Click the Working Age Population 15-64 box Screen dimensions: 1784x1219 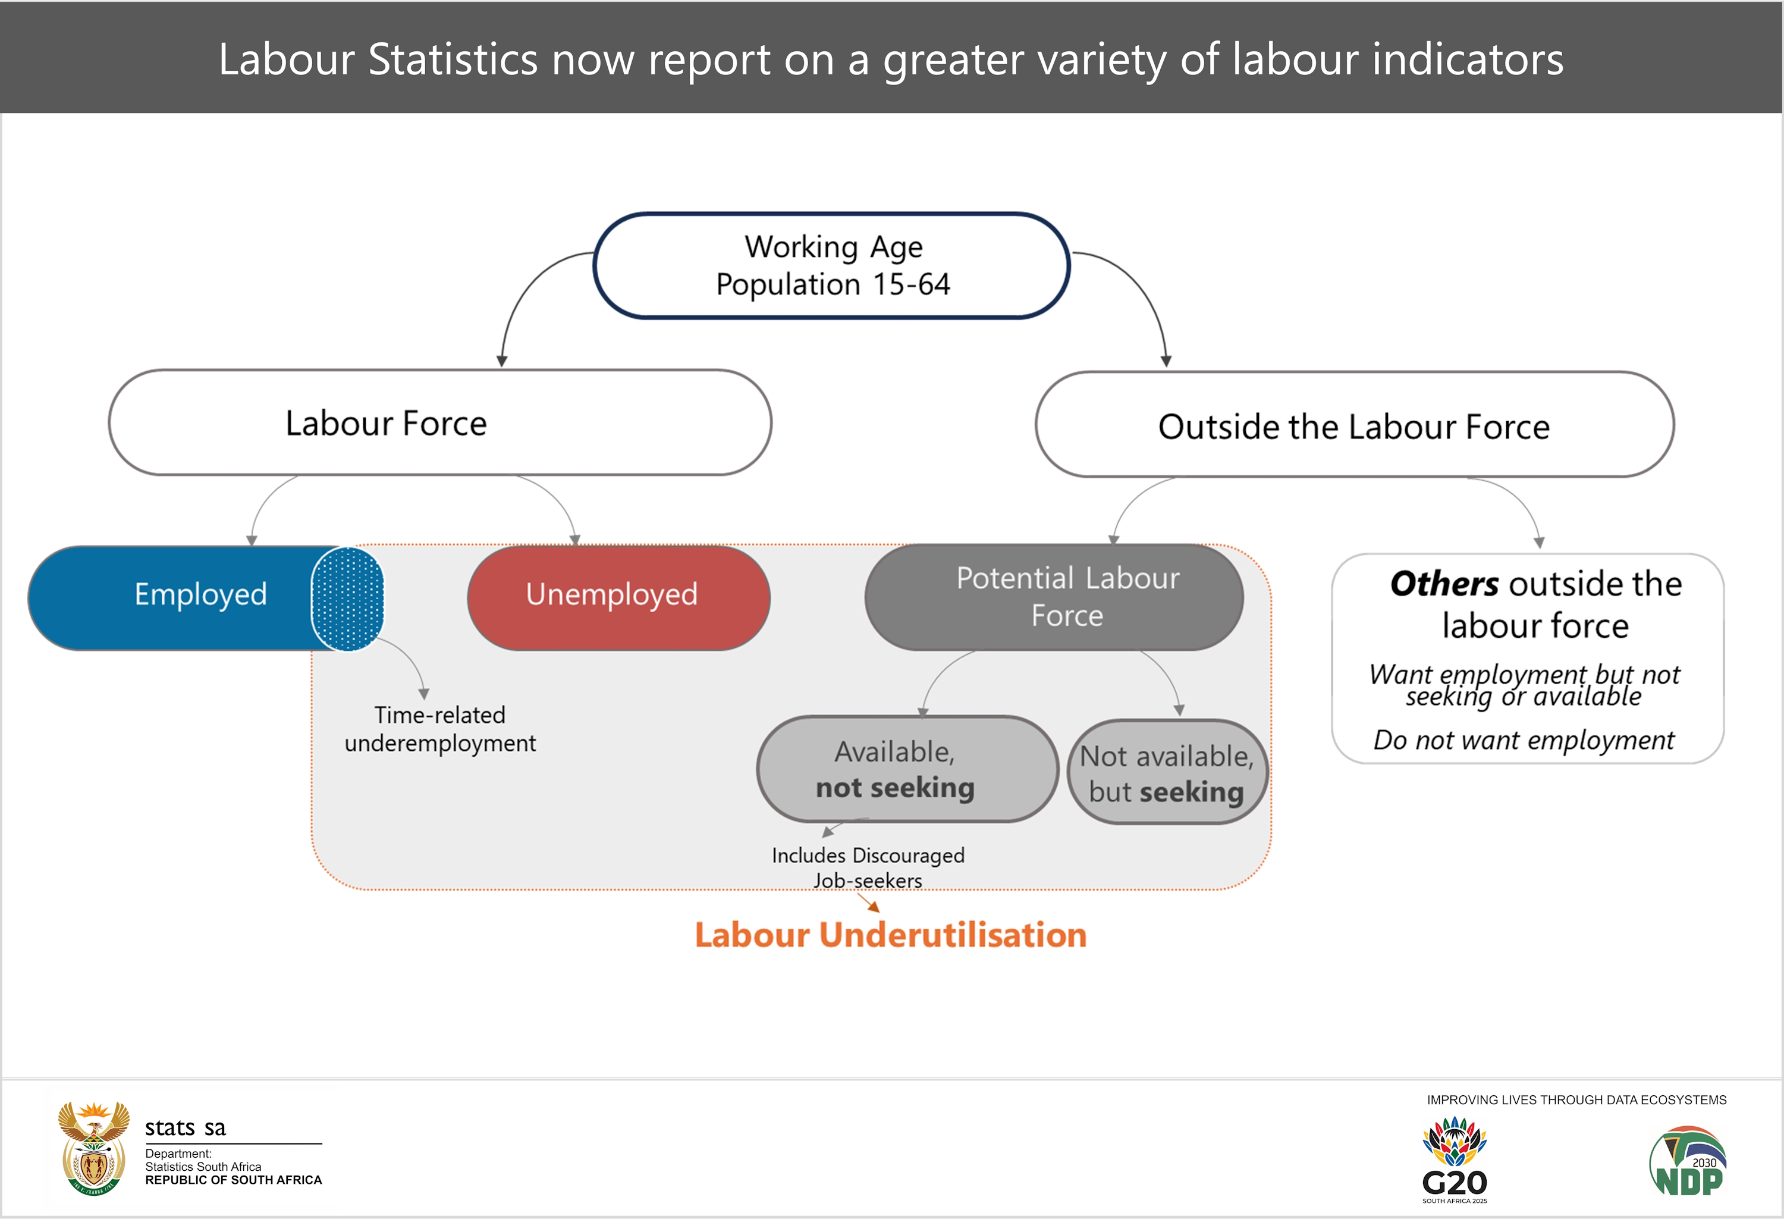pyautogui.click(x=831, y=265)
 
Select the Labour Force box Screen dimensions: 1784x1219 pyautogui.click(x=440, y=422)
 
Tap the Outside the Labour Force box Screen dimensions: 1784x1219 pyautogui.click(x=1355, y=425)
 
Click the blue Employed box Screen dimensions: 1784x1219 pyautogui.click(x=205, y=597)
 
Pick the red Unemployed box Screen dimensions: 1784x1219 pyautogui.click(x=618, y=597)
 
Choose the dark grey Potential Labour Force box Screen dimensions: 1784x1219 pyautogui.click(x=1054, y=597)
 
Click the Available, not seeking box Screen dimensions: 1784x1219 pyautogui.click(x=908, y=769)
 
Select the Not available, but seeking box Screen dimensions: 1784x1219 pyautogui.click(x=1167, y=772)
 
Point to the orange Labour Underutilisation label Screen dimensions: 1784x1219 pyautogui.click(x=890, y=935)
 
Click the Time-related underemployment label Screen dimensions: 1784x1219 pyautogui.click(x=440, y=729)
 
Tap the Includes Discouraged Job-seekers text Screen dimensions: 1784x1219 pyautogui.click(x=868, y=867)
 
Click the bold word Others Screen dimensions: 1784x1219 pyautogui.click(x=1443, y=584)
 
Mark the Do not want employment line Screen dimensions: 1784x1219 pyautogui.click(x=1524, y=739)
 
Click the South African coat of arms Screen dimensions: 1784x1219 pyautogui.click(x=93, y=1148)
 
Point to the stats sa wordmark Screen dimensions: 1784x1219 pyautogui.click(x=185, y=1127)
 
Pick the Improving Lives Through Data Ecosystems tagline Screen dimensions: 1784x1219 pyautogui.click(x=1576, y=1100)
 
